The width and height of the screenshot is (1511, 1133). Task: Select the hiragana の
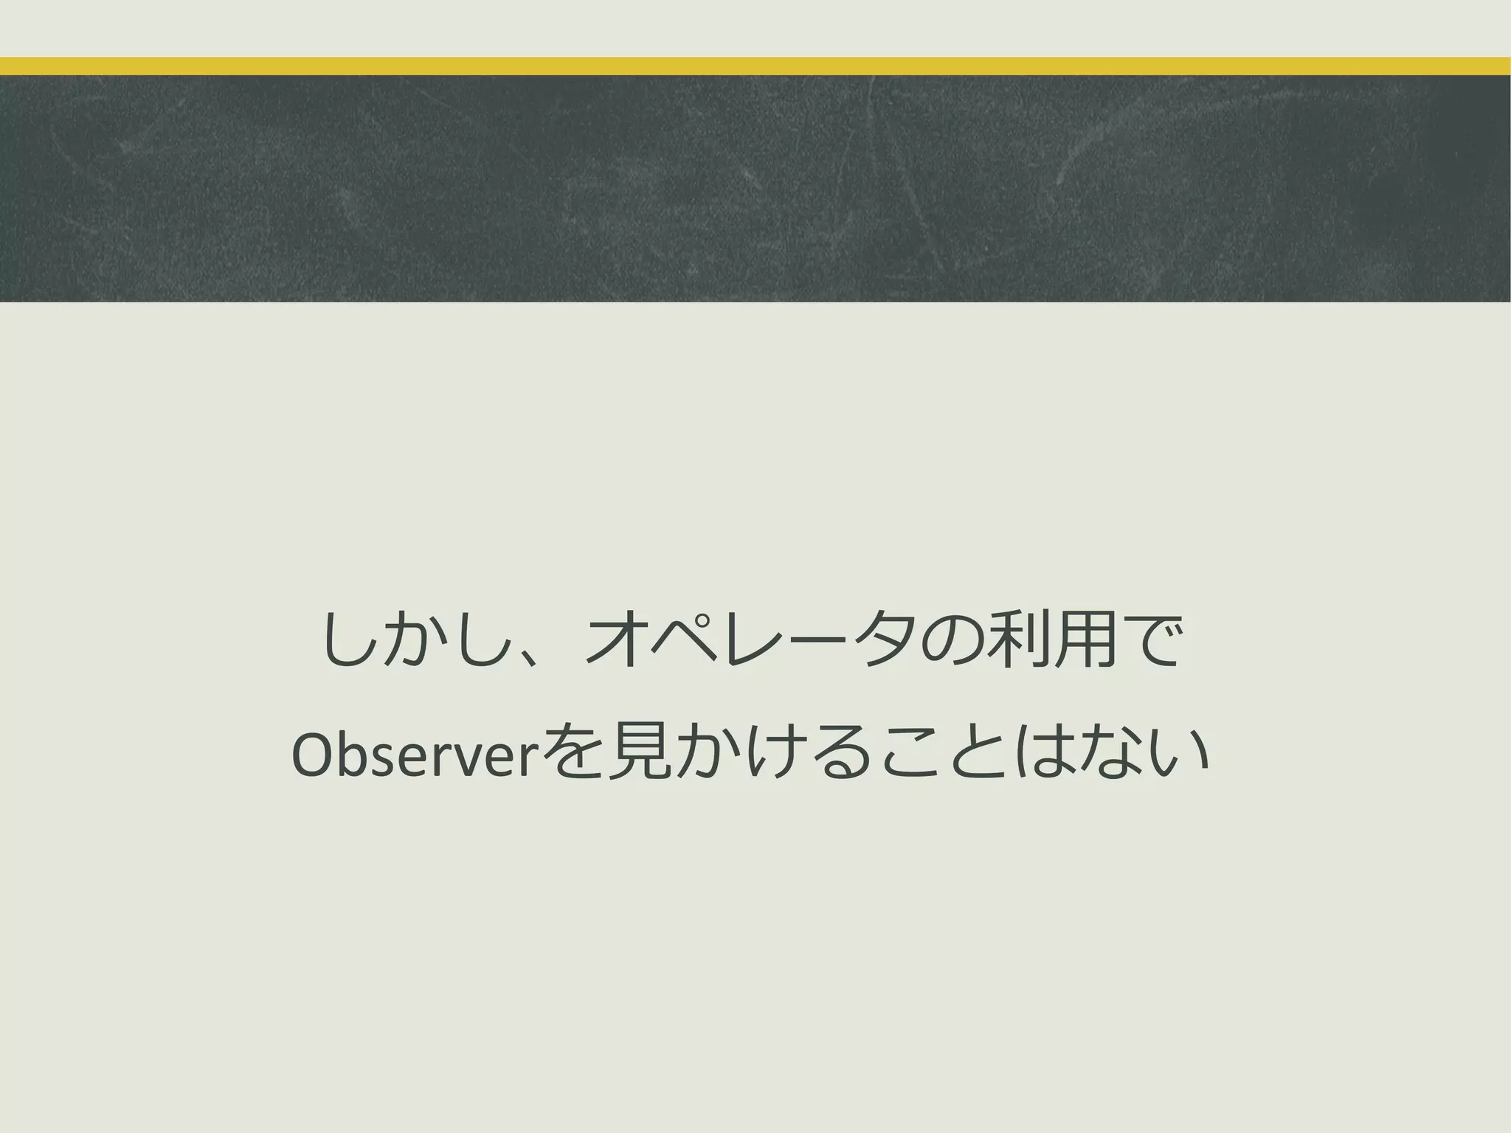[953, 640]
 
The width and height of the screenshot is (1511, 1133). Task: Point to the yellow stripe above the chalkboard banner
[755, 66]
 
